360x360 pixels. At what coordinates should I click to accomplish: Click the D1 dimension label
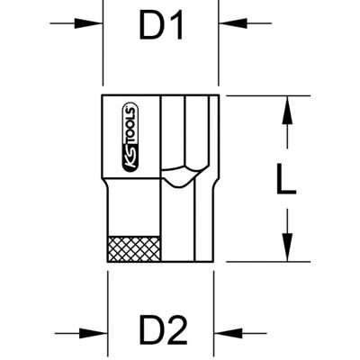point(161,27)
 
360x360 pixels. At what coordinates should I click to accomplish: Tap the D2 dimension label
point(163,332)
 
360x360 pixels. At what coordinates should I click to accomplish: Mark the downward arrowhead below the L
point(285,248)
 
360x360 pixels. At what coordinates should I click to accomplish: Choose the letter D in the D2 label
point(150,332)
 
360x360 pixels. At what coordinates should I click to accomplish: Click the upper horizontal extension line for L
point(261,94)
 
